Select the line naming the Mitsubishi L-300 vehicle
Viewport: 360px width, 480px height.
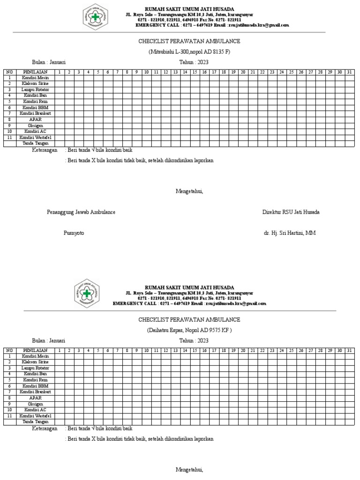189,52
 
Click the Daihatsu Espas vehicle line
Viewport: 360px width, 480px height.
189,330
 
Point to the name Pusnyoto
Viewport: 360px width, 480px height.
74,233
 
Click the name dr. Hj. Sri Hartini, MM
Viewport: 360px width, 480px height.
291,233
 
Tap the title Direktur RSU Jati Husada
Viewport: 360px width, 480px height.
291,212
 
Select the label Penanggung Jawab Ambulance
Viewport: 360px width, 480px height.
81,212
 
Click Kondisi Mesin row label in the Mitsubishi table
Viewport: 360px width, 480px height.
35,78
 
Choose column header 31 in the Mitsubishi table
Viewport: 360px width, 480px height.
349,72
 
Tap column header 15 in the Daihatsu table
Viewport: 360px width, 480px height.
195,350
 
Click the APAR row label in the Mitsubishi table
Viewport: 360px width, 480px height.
35,120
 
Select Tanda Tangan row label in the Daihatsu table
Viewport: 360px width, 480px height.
35,422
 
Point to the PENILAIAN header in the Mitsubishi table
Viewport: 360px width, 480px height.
35,72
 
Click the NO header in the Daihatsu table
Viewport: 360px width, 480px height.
8,350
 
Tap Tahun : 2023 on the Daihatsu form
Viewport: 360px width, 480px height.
194,341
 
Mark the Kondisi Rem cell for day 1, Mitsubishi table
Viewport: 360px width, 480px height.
60,101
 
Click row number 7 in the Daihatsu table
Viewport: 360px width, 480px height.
8,392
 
